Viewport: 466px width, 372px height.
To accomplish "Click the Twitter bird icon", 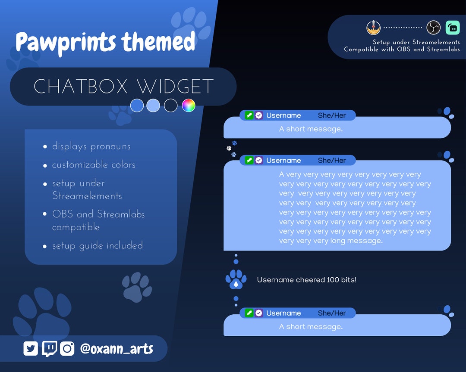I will coord(31,348).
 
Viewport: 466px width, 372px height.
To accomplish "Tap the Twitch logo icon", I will coord(49,348).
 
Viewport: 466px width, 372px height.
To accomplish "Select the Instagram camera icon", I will coord(67,348).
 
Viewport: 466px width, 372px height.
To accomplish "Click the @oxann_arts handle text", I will coord(116,348).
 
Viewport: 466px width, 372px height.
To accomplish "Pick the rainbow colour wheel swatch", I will coord(189,105).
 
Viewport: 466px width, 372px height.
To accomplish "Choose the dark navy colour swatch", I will coord(171,105).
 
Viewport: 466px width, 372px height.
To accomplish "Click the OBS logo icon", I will coord(433,28).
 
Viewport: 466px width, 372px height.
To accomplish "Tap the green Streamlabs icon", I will coord(453,28).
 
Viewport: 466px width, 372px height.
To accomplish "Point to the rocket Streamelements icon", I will coord(373,28).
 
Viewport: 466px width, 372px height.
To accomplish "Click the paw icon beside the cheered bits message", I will coord(236,279).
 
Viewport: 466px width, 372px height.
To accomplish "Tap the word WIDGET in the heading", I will coord(175,87).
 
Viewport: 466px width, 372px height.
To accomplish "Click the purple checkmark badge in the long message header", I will coord(259,160).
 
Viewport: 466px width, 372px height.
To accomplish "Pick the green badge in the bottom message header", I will coord(249,313).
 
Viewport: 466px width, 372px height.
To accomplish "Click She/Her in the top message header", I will coord(332,115).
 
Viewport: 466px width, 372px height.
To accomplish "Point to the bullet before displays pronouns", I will coord(45,147).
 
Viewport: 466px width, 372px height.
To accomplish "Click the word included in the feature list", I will coord(124,245).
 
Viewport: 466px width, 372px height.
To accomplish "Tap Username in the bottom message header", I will coord(283,313).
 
